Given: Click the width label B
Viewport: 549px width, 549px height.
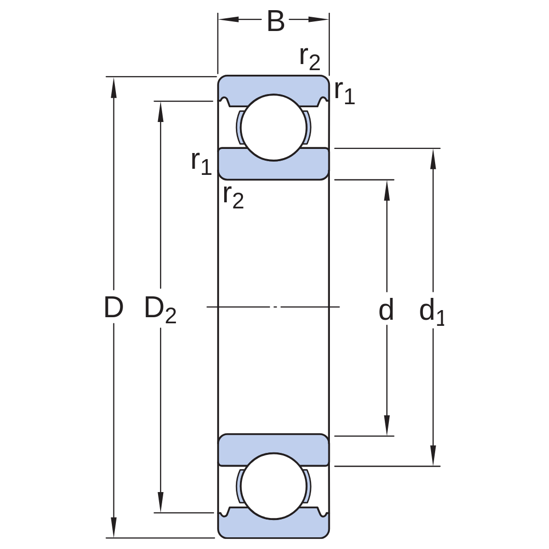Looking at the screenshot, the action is tap(276, 21).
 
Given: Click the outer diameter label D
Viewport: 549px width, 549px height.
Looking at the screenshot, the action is tap(114, 308).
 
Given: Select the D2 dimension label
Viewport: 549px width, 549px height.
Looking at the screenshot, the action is tap(160, 310).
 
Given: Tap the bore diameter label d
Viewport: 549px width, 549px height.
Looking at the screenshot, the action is tap(386, 310).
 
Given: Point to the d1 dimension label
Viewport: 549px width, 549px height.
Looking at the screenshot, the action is tap(432, 312).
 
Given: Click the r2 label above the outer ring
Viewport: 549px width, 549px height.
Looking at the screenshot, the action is tap(310, 58).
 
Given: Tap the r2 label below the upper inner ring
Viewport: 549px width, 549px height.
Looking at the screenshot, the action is tap(233, 196).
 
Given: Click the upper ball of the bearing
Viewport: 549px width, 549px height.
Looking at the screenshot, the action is tap(273, 128).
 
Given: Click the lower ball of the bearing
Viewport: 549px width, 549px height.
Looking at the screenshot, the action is tap(273, 486).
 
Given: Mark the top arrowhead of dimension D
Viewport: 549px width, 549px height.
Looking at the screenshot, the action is tap(113, 87).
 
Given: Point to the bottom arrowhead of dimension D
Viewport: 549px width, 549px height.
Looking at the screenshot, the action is tap(113, 527).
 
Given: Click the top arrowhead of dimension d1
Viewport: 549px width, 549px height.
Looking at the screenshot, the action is tap(433, 159).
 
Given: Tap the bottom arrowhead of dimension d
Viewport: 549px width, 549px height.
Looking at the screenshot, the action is tap(387, 425).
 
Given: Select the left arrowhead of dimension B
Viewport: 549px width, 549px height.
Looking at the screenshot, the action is tap(229, 19).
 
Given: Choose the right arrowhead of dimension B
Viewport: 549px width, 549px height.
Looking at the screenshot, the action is tap(318, 19).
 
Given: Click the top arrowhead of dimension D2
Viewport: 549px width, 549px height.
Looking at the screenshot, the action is tap(160, 112).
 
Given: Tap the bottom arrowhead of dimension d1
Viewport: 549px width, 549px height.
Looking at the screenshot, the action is tap(433, 455).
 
